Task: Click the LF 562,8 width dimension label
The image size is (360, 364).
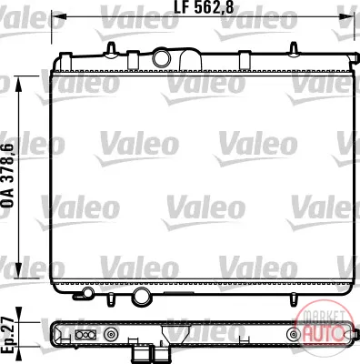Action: [204, 7]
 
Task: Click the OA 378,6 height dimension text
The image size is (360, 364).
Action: [8, 176]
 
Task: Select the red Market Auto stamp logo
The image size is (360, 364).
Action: [325, 327]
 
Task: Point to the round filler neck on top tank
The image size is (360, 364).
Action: [161, 58]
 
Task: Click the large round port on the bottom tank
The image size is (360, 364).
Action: [141, 297]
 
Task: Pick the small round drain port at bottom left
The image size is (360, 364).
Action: [88, 293]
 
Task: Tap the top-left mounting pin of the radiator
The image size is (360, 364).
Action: [112, 49]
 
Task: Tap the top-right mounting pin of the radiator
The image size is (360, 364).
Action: [294, 49]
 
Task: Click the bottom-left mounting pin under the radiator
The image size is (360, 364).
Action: [111, 299]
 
